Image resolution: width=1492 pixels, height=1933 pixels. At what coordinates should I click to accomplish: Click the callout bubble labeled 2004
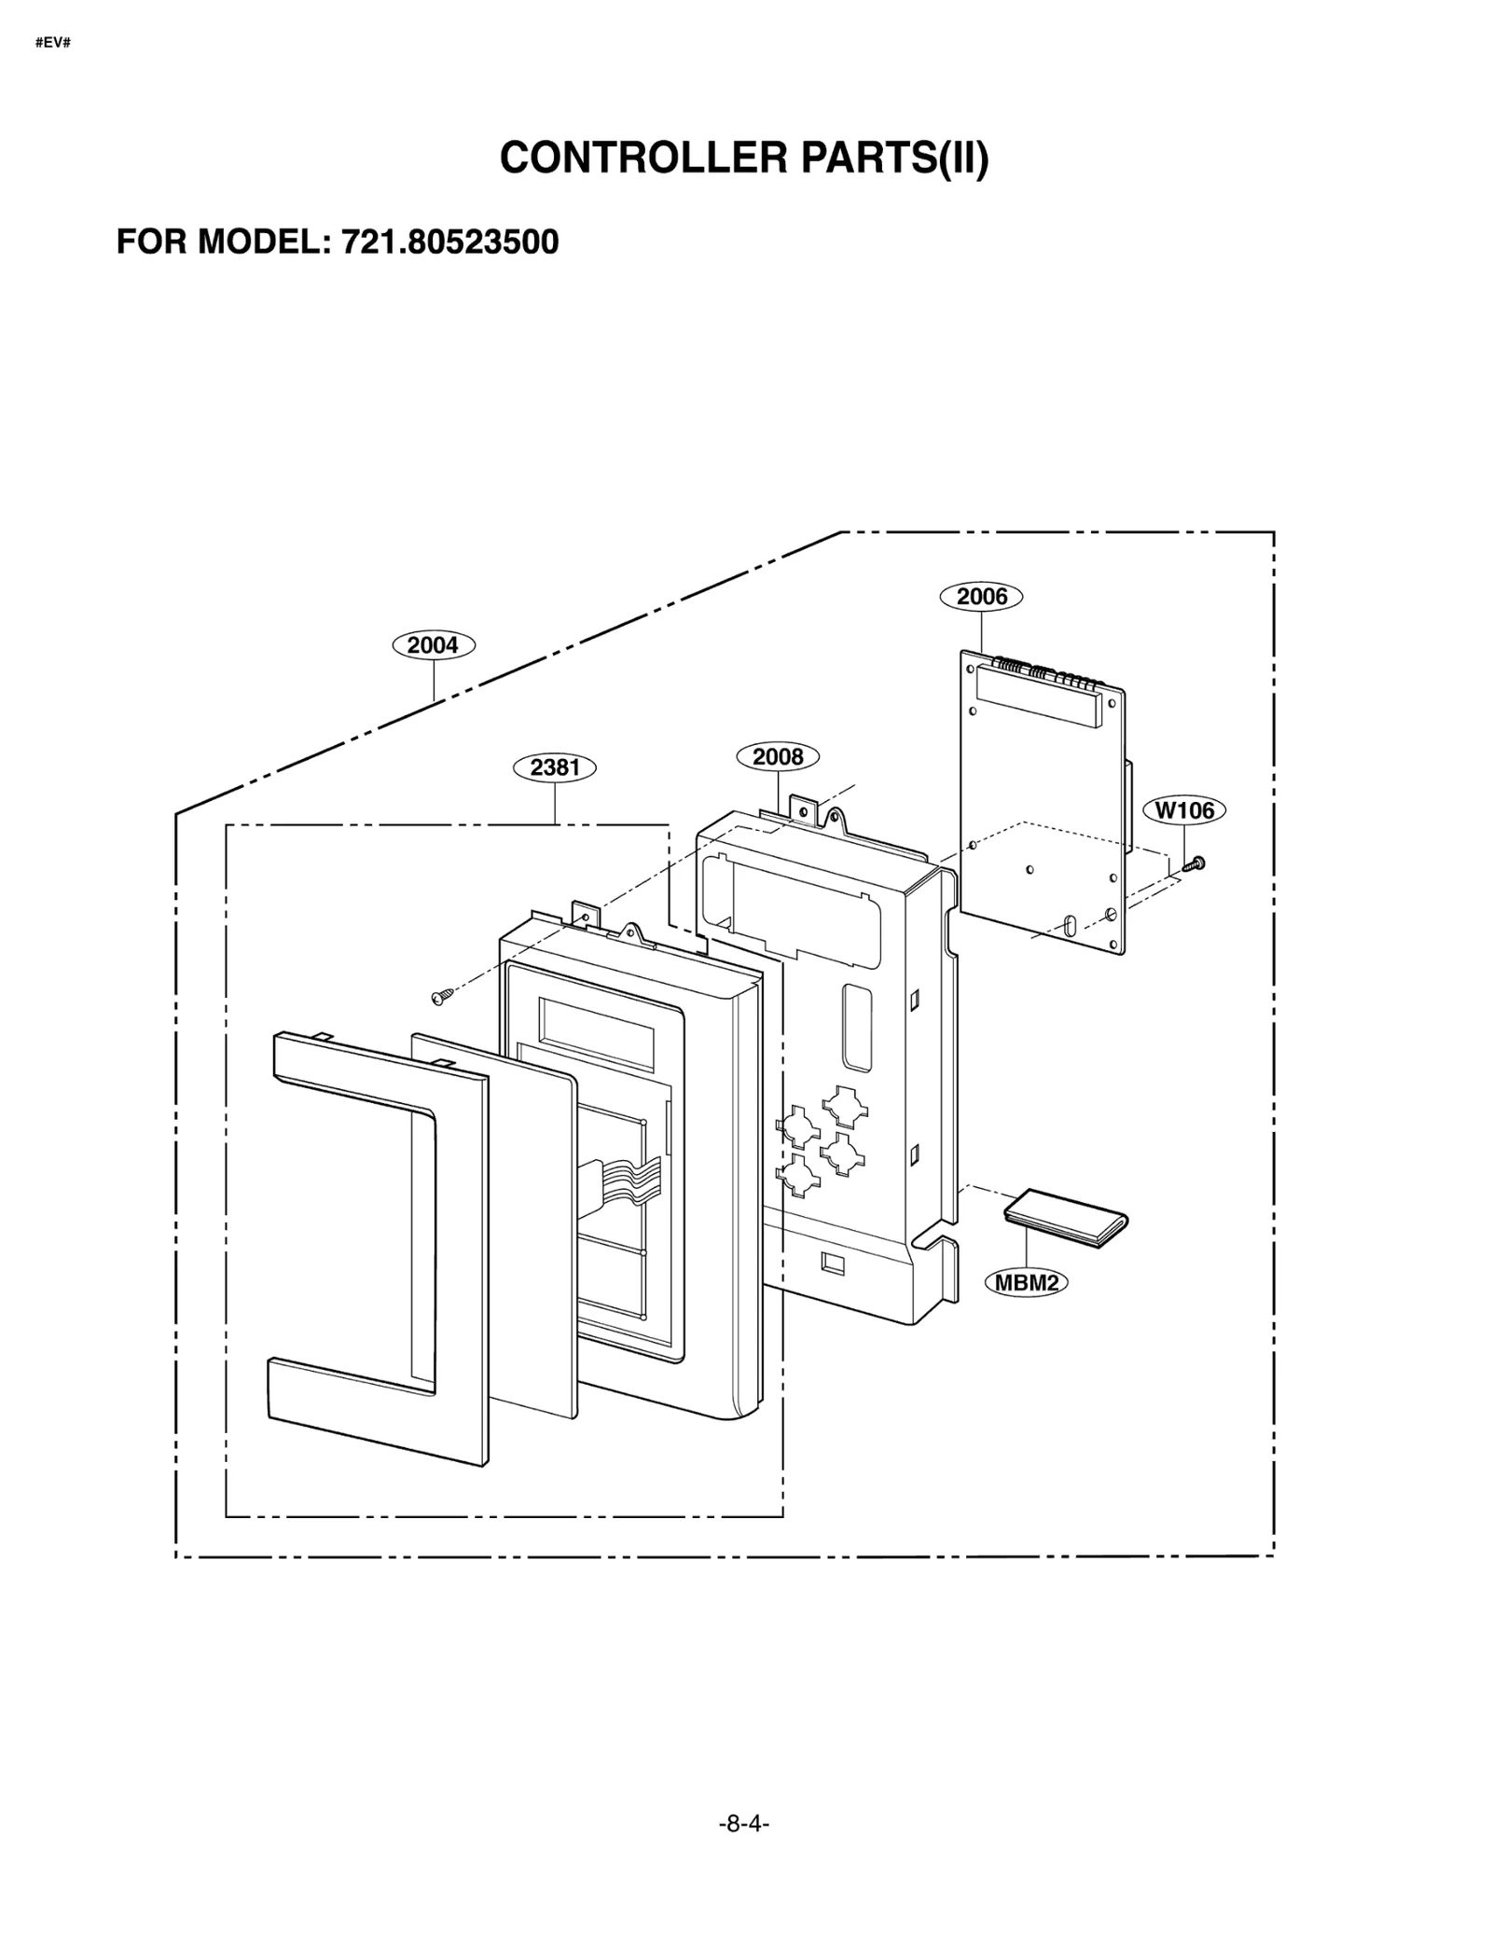(x=434, y=644)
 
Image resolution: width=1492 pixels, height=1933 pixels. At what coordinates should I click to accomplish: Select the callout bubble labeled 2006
(x=982, y=596)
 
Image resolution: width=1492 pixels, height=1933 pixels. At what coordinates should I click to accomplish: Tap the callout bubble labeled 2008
(x=778, y=756)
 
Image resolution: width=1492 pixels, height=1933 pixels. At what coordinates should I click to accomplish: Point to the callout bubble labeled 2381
(x=555, y=767)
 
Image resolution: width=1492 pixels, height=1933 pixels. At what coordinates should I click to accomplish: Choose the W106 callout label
(x=1184, y=810)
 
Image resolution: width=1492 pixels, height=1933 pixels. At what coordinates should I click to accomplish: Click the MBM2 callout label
(x=1026, y=1283)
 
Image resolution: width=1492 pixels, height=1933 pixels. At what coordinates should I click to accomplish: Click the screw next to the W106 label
(x=1195, y=863)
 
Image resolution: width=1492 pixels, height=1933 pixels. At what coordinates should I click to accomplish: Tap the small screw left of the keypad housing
(x=442, y=998)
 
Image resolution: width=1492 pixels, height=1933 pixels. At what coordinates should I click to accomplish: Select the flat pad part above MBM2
(x=1066, y=1218)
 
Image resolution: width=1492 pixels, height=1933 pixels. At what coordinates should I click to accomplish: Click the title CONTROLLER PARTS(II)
(x=744, y=158)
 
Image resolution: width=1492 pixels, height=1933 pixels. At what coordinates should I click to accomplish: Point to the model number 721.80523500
(x=449, y=242)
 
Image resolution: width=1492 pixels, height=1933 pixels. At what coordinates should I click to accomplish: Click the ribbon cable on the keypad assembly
(x=619, y=1179)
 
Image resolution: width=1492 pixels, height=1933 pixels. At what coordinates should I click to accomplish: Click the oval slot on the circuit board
(x=1069, y=925)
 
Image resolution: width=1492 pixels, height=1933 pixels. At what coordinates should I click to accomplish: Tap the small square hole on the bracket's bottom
(x=832, y=1263)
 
